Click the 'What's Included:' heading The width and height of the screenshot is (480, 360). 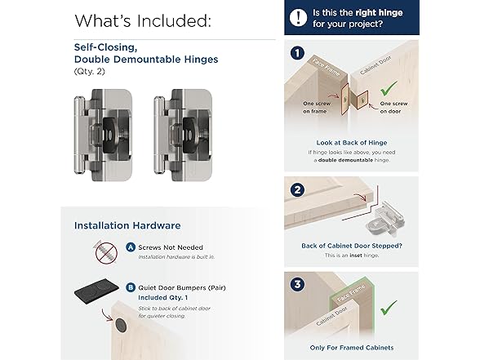(x=143, y=21)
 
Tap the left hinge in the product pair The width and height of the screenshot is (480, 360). (x=104, y=135)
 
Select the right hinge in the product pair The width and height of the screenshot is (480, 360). (x=183, y=135)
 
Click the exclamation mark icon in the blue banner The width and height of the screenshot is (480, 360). (x=298, y=17)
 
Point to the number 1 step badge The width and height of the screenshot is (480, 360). (x=297, y=53)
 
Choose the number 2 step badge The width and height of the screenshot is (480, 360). (x=297, y=190)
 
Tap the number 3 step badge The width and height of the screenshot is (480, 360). (x=297, y=284)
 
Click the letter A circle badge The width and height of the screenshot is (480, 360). (x=131, y=247)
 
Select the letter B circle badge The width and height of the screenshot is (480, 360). (x=131, y=287)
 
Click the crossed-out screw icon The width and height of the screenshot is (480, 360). (x=106, y=252)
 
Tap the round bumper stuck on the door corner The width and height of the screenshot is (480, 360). (x=121, y=325)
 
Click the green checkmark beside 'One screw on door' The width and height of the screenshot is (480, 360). (x=389, y=88)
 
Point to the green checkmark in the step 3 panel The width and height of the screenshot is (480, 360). (x=389, y=308)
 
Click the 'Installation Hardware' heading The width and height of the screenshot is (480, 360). (x=127, y=225)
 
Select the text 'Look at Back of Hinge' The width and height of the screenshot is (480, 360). (x=351, y=143)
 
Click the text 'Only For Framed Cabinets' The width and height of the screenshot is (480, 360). (x=352, y=348)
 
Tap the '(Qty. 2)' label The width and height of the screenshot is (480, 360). (x=90, y=72)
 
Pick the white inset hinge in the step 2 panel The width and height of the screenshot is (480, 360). (x=385, y=219)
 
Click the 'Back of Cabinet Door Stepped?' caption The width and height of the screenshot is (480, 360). (x=352, y=246)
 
